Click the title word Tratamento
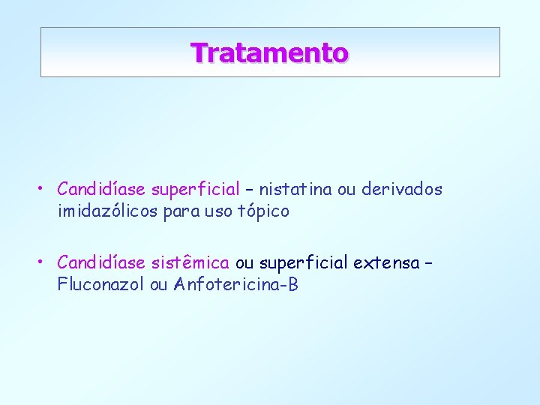pos(269,52)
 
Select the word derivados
pos(402,190)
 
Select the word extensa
pos(386,262)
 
